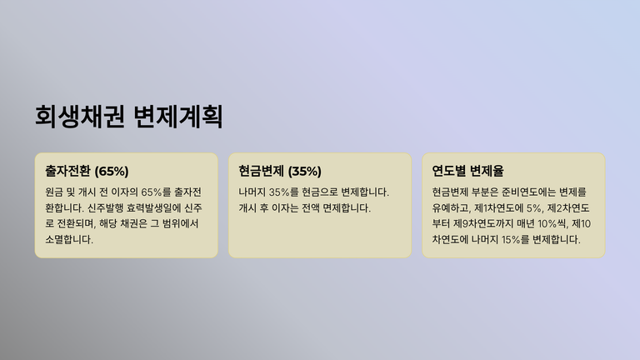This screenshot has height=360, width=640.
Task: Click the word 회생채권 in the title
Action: tap(80, 117)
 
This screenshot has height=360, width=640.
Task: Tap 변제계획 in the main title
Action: tap(178, 117)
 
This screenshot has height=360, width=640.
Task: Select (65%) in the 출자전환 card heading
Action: tap(112, 171)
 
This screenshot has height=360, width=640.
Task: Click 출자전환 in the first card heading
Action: tap(67, 171)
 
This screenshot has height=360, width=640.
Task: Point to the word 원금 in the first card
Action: tap(54, 192)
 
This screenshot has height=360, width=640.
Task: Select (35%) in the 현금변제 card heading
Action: tap(304, 171)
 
